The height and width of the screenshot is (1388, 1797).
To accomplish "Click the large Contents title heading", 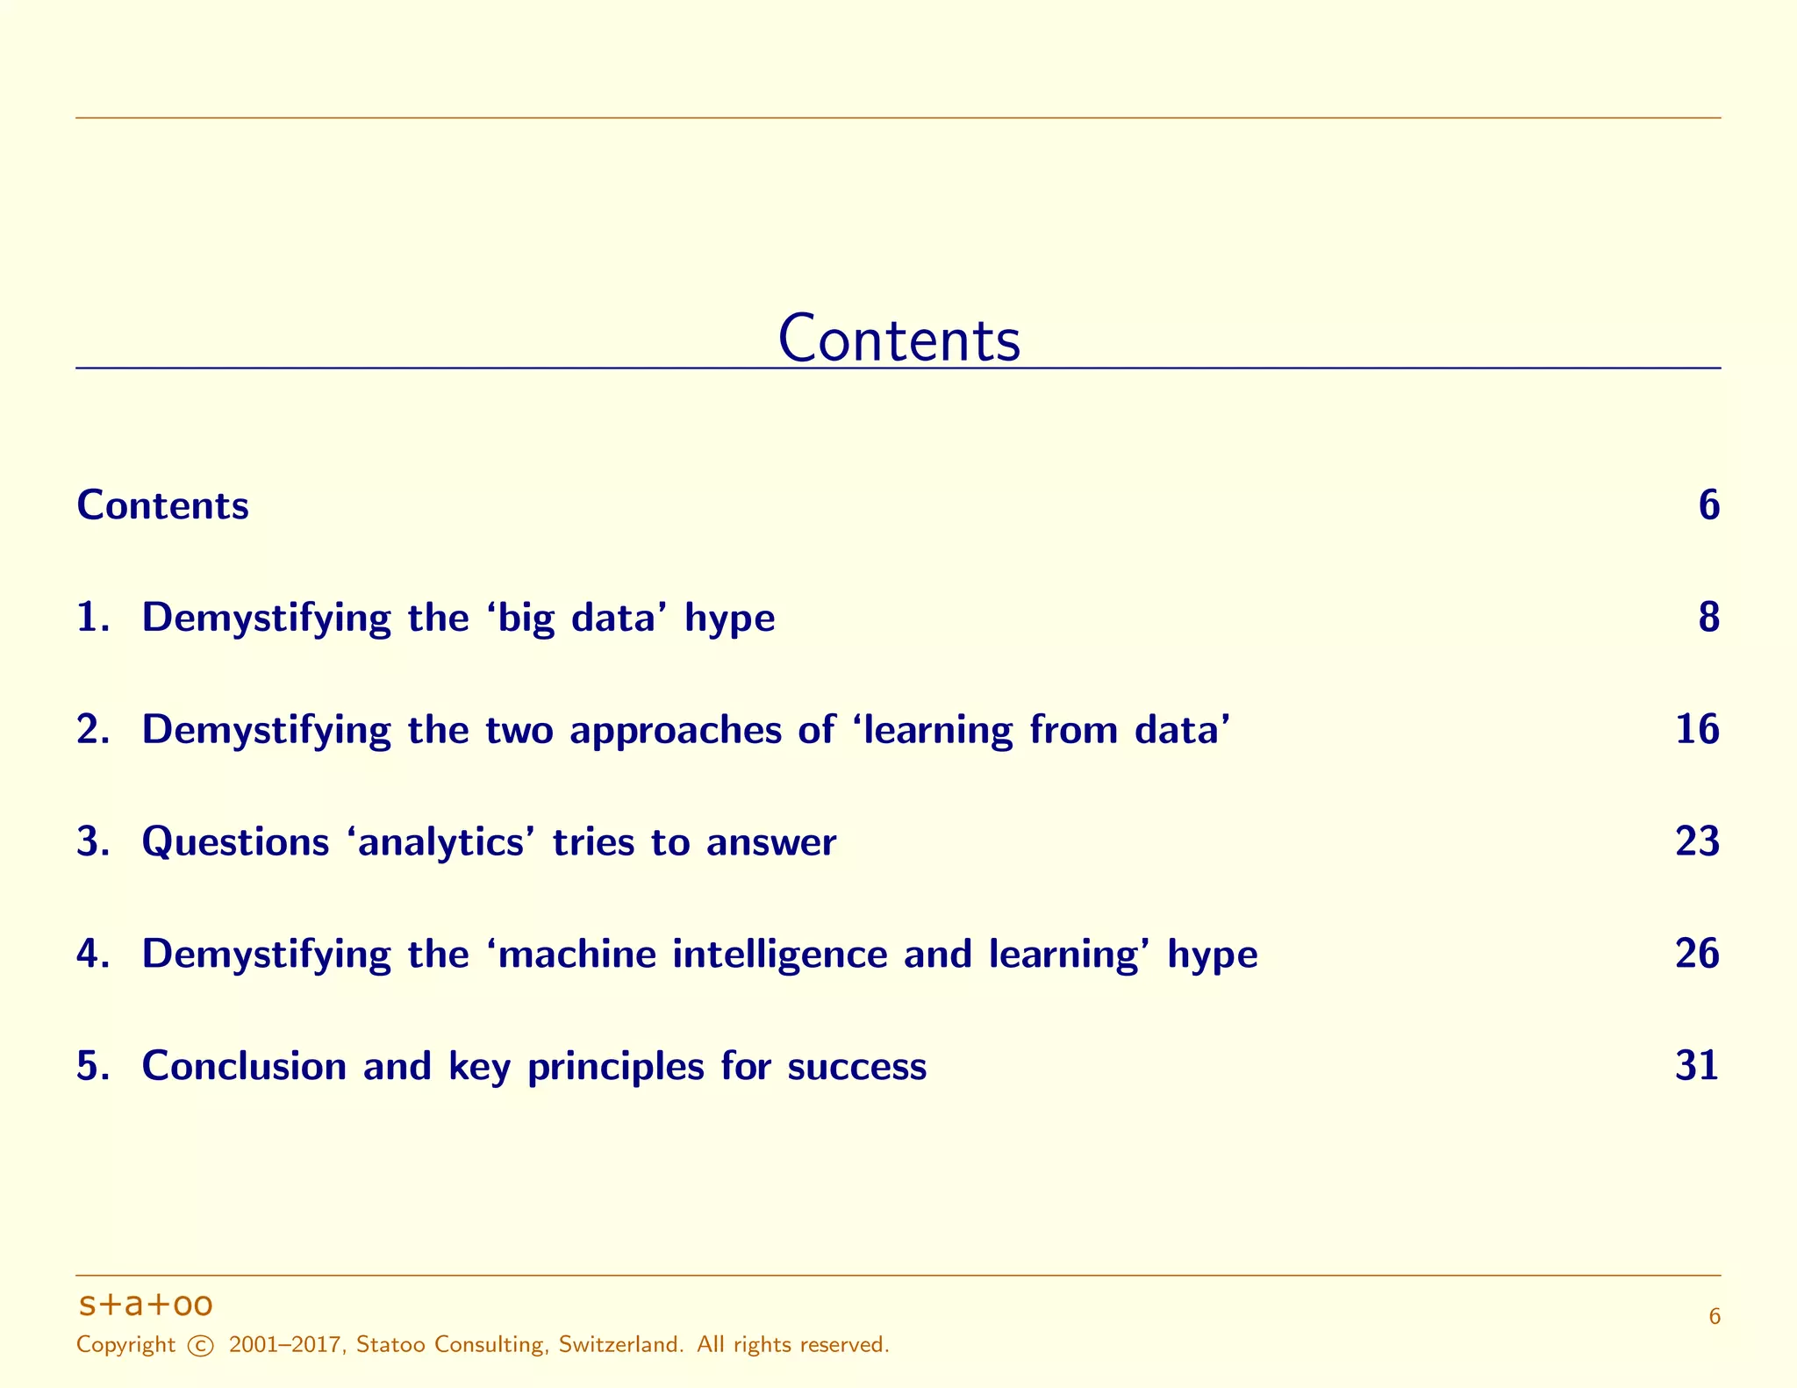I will tap(898, 339).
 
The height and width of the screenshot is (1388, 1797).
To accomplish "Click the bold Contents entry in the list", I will tap(163, 506).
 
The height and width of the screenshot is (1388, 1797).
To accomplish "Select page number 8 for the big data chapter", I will tap(1708, 618).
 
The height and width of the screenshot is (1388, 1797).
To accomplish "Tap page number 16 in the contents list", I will tap(1697, 730).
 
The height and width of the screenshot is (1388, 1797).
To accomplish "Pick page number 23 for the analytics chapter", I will tap(1697, 842).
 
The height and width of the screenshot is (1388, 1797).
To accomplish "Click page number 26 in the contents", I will tap(1697, 954).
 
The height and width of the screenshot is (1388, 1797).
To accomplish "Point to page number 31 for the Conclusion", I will tap(1697, 1066).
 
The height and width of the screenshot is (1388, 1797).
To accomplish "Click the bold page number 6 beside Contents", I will tap(1708, 506).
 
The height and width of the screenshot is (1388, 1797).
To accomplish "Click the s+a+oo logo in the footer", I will tap(146, 1305).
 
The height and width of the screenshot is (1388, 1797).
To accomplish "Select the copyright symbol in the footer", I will tap(201, 1345).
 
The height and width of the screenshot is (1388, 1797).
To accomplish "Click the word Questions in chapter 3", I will tap(235, 842).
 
